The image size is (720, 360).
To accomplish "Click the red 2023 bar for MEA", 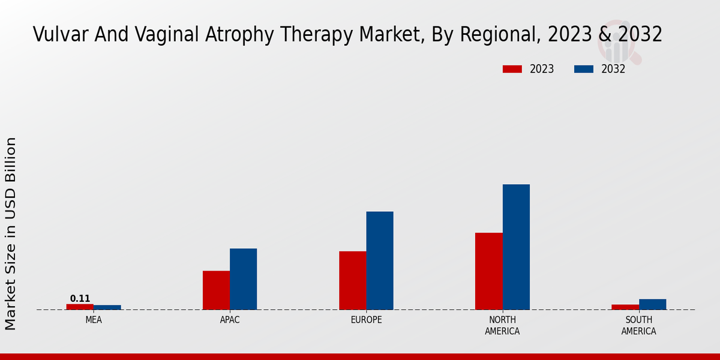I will [80, 307].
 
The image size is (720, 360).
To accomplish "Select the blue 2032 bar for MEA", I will [107, 307].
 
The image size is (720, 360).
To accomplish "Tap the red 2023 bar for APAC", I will [216, 290].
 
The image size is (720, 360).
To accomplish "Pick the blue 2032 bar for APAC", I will [244, 279].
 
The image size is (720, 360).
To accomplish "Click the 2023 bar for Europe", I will [353, 280].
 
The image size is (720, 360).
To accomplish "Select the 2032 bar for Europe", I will [380, 260].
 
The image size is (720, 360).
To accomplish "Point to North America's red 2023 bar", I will [489, 271].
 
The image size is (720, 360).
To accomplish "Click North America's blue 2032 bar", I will [516, 247].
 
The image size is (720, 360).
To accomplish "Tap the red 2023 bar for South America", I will [625, 307].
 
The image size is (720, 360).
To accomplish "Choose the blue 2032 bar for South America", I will [652, 304].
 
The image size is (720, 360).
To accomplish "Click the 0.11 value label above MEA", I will [80, 299].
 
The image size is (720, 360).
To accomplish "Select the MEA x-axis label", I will [94, 320].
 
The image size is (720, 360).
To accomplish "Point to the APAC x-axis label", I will [230, 320].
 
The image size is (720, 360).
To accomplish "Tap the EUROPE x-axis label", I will [366, 320].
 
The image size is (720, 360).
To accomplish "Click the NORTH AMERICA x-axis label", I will [502, 326].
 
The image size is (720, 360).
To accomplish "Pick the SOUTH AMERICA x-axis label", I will [638, 326].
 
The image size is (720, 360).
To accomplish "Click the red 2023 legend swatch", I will [512, 69].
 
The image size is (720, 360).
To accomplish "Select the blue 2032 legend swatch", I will [584, 69].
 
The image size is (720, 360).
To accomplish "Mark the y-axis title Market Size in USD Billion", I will [11, 233].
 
